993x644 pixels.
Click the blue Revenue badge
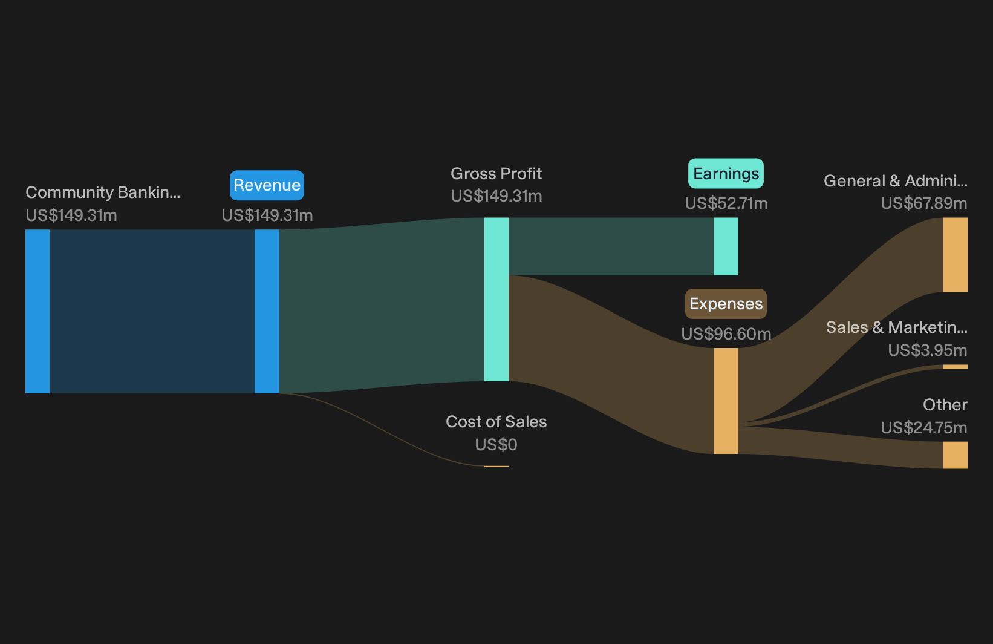click(267, 185)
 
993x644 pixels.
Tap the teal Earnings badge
click(726, 174)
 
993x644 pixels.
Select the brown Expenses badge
click(726, 304)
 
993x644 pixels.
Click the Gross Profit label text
click(496, 174)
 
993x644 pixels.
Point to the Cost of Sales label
click(496, 422)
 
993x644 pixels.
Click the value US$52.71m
click(726, 203)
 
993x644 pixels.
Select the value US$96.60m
click(726, 333)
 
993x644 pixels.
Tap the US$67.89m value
click(924, 203)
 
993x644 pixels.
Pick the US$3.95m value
click(928, 350)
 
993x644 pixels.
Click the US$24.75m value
click(924, 428)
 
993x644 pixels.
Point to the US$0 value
click(496, 445)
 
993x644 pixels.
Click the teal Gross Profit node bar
click(496, 299)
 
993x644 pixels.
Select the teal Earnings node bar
click(726, 246)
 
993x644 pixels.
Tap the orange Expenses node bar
click(726, 401)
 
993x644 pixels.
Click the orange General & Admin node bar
click(956, 255)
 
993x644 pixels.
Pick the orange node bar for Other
click(956, 455)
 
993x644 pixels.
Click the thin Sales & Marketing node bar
click(956, 367)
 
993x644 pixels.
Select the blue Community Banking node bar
click(37, 311)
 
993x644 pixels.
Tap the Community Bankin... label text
click(103, 192)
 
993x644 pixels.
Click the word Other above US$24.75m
click(945, 405)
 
